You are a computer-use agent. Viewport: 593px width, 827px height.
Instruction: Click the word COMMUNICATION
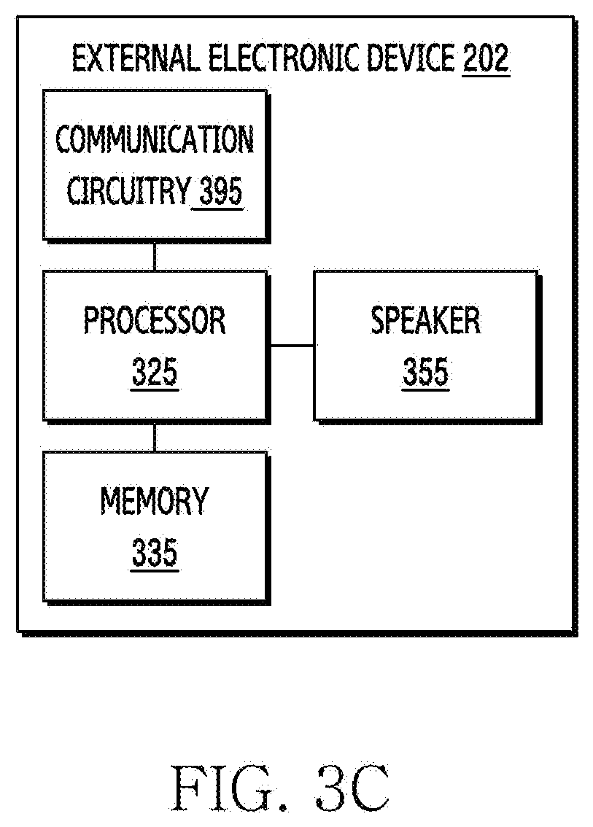pos(155,139)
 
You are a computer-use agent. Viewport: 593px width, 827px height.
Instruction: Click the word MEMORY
pos(155,500)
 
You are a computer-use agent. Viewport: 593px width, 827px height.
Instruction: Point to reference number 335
pos(155,552)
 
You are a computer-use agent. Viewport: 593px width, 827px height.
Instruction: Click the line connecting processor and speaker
pos(292,346)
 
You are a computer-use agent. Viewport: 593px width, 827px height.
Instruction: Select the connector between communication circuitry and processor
pos(155,257)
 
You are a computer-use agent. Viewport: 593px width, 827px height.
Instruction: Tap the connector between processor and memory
pos(155,438)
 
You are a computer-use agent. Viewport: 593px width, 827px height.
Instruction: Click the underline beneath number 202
pos(486,76)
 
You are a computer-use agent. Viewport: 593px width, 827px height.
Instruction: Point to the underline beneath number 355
pos(426,389)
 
